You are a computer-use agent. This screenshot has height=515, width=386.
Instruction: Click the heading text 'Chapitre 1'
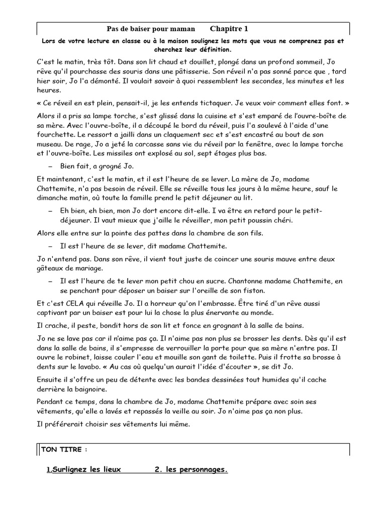point(229,29)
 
